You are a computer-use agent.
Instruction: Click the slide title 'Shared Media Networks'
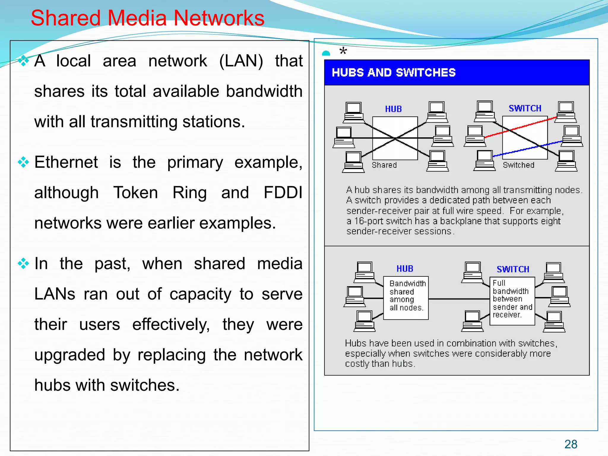(148, 18)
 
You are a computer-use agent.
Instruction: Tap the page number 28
(571, 444)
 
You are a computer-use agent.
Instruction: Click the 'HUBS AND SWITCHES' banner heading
(393, 72)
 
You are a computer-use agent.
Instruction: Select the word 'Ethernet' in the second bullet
(66, 162)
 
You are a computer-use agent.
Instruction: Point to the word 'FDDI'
(283, 193)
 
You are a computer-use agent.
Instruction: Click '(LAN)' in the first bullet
(241, 61)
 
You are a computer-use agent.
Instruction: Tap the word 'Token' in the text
(136, 193)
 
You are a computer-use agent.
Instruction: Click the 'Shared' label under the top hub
(384, 165)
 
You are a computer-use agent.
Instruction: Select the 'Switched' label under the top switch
(518, 165)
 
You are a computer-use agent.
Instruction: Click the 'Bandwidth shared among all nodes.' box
(406, 298)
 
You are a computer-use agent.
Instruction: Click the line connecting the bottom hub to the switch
(459, 299)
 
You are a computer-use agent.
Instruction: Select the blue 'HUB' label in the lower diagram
(405, 269)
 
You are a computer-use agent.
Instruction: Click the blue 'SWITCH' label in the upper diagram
(525, 108)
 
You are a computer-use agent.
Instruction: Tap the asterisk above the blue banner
(343, 51)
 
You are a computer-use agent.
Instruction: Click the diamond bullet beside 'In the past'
(23, 264)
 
